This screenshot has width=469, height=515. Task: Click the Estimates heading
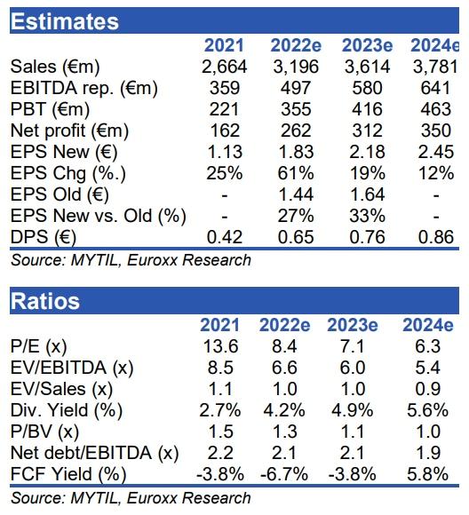pos(65,21)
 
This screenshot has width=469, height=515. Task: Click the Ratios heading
pos(45,301)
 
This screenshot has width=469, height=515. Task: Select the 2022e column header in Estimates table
pos(296,45)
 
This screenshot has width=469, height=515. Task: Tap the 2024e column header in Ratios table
pos(428,325)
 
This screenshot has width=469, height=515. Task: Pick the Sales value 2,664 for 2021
pos(224,67)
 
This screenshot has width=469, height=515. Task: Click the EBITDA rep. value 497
pos(296,88)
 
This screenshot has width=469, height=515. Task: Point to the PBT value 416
pos(367,109)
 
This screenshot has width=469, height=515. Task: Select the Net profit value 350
pos(436,131)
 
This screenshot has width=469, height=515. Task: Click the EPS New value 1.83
pos(296,152)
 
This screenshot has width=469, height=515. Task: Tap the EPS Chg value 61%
pos(296,173)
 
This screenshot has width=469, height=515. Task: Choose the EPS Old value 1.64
pos(367,194)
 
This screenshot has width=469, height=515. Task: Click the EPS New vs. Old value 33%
pos(367,216)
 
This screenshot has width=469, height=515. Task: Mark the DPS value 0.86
pos(436,237)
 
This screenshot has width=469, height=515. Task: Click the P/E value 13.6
pos(220,346)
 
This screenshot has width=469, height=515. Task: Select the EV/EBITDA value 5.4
pos(428,368)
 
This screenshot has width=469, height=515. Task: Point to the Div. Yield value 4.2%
pos(284,410)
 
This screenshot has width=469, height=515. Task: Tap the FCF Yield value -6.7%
pos(284,475)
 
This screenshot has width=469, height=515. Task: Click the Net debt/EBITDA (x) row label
pos(95,454)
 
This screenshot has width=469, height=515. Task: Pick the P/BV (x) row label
pos(44,432)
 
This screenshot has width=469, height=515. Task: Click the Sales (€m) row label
pos(55,67)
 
